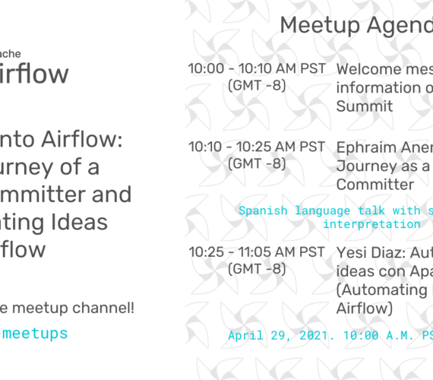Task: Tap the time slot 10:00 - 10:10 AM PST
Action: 257,68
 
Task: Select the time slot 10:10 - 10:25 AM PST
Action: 257,146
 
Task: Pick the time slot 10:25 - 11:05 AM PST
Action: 257,251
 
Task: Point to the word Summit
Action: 365,106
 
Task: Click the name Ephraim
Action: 371,147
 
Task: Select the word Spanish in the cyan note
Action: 263,211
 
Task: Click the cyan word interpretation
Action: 371,223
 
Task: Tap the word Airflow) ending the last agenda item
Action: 364,308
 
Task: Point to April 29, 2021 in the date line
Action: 286,334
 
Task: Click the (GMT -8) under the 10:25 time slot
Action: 257,269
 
